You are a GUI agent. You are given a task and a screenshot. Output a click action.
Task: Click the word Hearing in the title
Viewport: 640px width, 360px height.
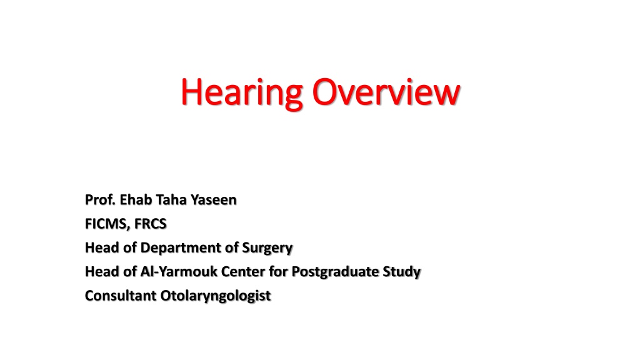(242, 93)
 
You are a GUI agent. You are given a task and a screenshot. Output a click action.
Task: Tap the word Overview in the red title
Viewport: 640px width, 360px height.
(386, 92)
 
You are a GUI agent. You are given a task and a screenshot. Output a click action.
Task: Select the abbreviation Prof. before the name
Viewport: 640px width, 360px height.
(101, 199)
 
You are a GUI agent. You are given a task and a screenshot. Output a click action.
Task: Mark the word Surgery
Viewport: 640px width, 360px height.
(267, 248)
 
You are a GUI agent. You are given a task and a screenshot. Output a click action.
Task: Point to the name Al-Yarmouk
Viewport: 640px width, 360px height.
(179, 271)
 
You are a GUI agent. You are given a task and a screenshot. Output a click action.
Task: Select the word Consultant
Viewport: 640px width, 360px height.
(121, 296)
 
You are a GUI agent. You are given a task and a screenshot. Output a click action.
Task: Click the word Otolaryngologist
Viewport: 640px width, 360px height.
(216, 296)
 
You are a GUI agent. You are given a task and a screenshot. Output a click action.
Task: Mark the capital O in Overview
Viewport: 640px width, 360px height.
(325, 92)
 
